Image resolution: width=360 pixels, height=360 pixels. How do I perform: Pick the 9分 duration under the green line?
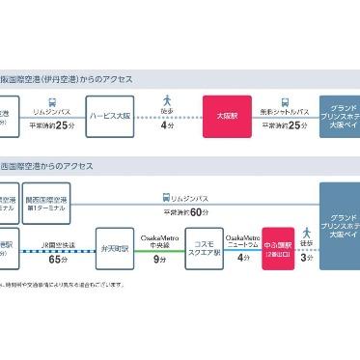[x=156, y=262]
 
